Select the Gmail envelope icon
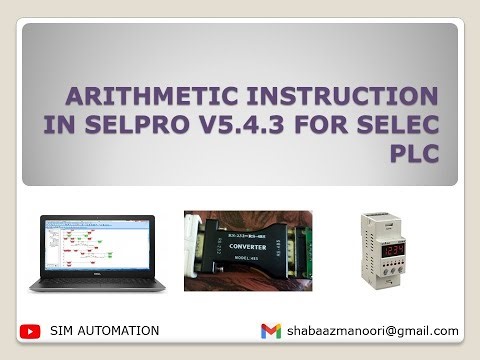coord(271,331)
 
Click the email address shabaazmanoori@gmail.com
coord(373,331)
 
